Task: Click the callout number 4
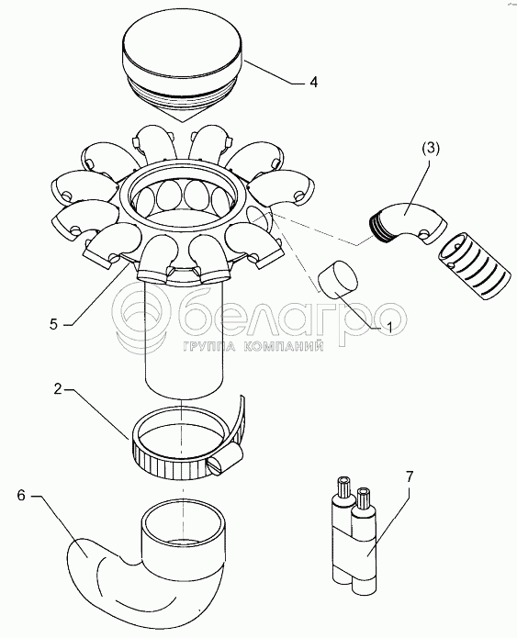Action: (x=312, y=83)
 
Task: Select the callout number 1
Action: (x=389, y=327)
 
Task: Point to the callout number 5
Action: (x=54, y=324)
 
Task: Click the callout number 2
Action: (x=58, y=389)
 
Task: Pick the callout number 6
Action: (x=21, y=496)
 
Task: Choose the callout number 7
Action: (x=410, y=476)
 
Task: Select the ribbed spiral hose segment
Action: (x=474, y=266)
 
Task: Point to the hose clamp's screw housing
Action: (x=227, y=459)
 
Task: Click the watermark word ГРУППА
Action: (x=207, y=347)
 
